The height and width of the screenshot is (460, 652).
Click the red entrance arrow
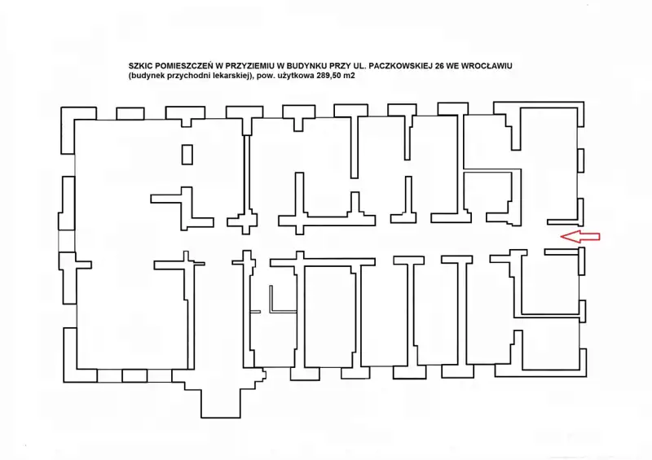(580, 236)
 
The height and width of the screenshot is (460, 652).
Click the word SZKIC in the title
(139, 66)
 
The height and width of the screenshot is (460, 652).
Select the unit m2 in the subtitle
(350, 76)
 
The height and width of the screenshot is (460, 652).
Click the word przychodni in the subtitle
(185, 76)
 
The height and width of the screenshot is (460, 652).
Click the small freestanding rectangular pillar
(187, 154)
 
